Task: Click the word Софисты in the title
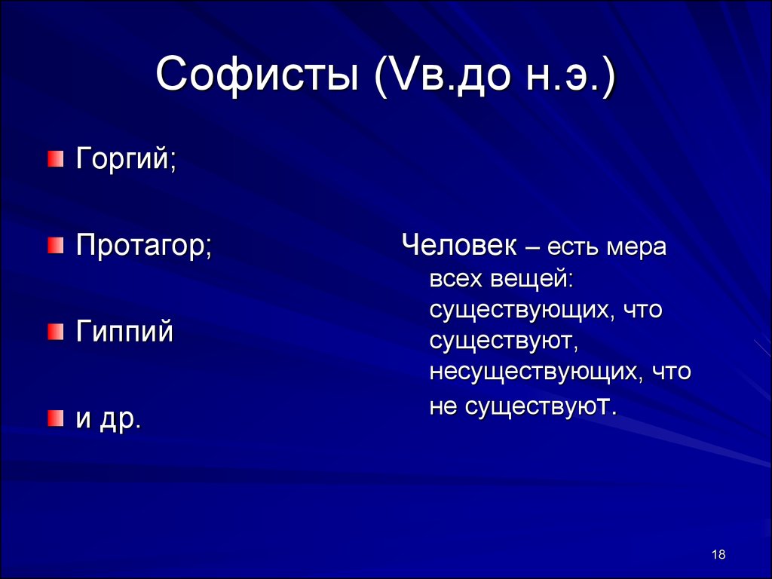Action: pos(257,75)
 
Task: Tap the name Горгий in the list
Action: pos(123,158)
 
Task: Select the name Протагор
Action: pos(140,245)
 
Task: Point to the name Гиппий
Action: pos(124,331)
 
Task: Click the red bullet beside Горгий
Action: pos(56,159)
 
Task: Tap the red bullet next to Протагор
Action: pos(56,245)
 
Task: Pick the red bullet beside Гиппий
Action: pos(56,332)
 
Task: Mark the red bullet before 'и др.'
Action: pos(56,418)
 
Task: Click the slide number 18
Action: pos(718,554)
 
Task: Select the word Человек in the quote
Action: pos(459,245)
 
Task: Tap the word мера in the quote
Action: pos(636,247)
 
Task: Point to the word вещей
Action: pos(532,279)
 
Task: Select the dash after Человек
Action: pos(532,247)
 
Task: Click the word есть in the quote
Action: pos(573,247)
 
